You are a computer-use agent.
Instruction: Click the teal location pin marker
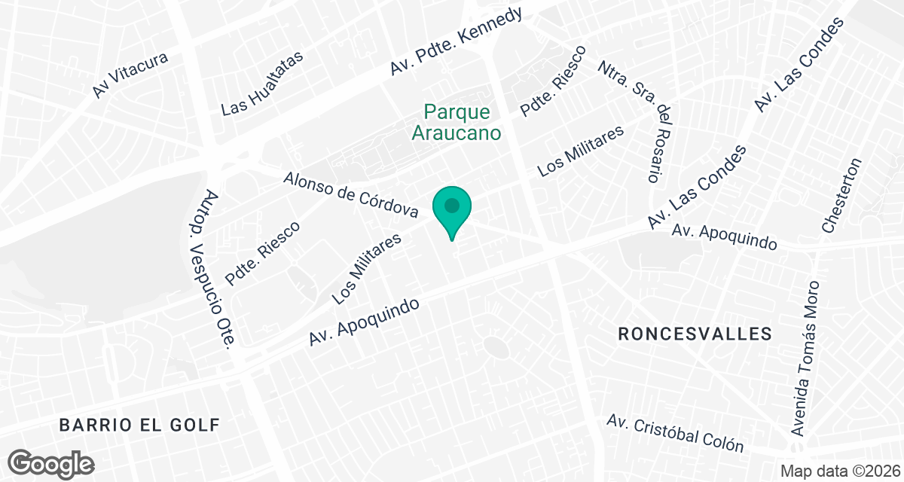pos(452,212)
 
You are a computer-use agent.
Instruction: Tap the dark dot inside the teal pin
pos(452,205)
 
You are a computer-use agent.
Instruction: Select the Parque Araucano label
pos(463,123)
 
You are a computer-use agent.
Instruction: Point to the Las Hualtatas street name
pos(261,84)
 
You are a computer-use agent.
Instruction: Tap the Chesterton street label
pos(841,195)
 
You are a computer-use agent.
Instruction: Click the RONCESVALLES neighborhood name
pos(695,334)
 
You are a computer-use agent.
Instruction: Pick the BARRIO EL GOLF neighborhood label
pos(139,426)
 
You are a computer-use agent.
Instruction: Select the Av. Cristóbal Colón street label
pos(676,432)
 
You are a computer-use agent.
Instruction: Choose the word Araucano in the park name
pos(463,133)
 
